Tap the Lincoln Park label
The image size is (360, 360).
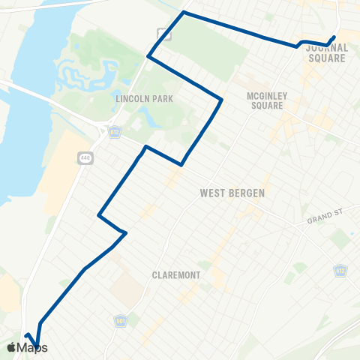[134, 98]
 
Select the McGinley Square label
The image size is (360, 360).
[265, 100]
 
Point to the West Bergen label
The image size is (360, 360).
[232, 193]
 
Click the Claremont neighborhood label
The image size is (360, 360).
[175, 275]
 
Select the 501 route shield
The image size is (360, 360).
[120, 321]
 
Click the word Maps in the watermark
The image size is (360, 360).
[33, 347]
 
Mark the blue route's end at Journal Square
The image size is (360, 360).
[334, 37]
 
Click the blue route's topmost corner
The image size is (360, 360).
[184, 13]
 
